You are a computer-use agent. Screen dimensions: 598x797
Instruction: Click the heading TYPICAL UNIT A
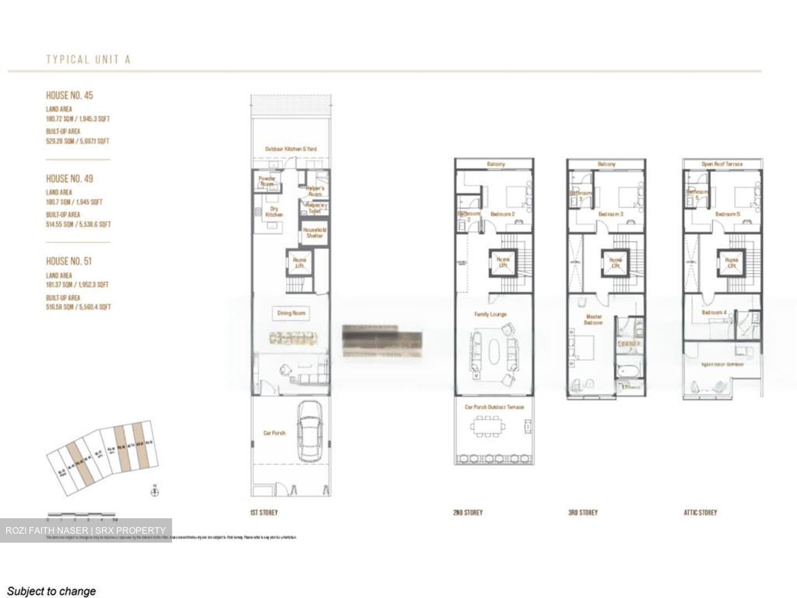88,60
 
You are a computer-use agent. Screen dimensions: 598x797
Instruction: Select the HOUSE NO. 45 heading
69,95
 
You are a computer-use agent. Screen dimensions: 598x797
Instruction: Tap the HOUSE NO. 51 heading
69,261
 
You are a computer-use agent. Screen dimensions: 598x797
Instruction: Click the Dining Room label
291,313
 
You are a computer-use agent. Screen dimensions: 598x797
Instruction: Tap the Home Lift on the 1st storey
299,263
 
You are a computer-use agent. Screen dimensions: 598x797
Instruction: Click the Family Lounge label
490,314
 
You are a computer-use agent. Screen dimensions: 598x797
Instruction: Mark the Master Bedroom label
594,319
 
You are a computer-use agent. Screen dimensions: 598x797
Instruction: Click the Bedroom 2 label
503,214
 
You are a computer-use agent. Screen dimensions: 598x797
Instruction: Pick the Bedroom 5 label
727,214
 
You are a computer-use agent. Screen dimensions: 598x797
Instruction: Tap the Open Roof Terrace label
722,164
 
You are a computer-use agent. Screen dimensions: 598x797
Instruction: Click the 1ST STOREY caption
264,513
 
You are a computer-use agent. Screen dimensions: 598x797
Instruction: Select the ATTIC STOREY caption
700,513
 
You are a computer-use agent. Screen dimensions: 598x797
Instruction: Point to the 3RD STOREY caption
583,513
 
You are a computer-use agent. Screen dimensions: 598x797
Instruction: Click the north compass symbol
154,492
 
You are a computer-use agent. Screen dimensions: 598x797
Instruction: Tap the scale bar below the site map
81,515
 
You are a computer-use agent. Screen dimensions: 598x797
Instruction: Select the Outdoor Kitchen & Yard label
291,149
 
